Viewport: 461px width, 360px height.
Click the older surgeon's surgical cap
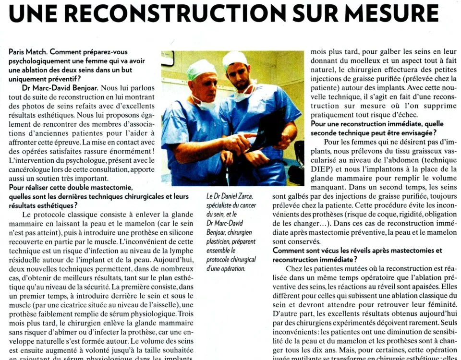pyautogui.click(x=201, y=69)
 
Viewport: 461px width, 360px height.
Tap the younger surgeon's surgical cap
pyautogui.click(x=236, y=60)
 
